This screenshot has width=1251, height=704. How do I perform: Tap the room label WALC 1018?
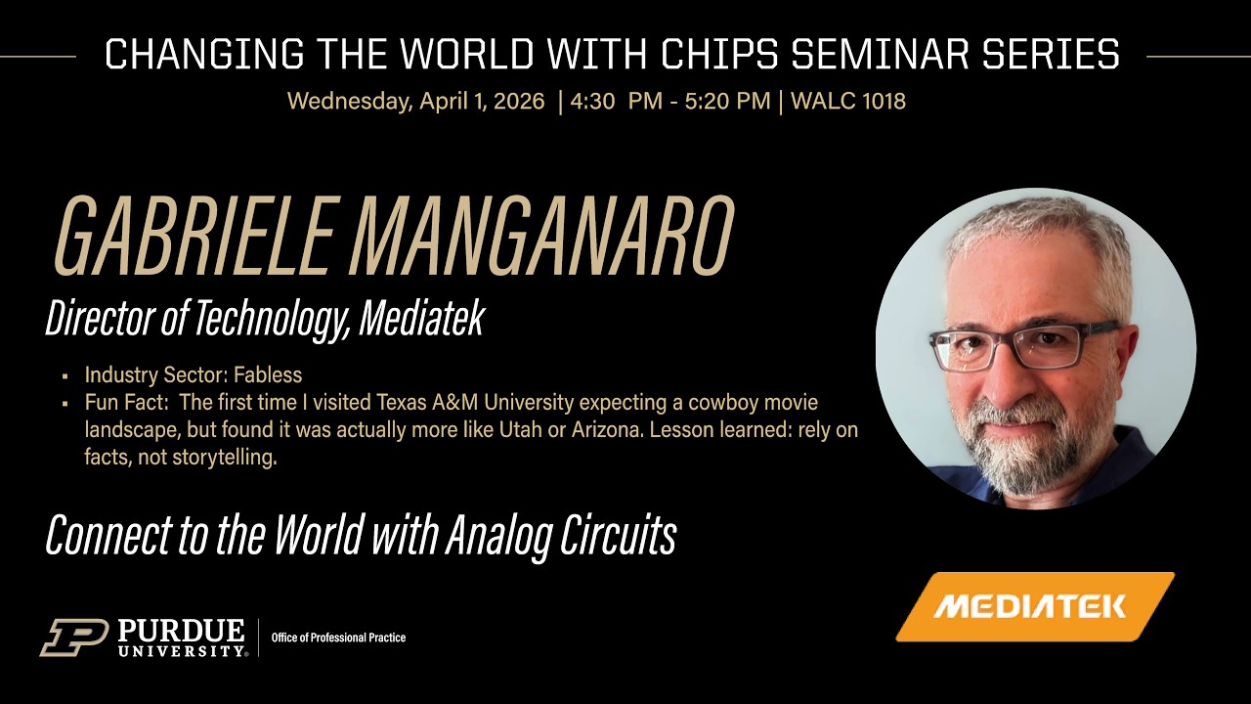point(848,101)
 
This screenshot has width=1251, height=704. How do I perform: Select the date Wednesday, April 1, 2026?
point(416,101)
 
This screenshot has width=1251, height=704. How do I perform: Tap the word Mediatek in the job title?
point(421,319)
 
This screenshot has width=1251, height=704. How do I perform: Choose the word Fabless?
point(268,374)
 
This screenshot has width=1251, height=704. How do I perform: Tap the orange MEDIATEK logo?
point(1033,606)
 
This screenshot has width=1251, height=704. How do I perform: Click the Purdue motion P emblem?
point(74,637)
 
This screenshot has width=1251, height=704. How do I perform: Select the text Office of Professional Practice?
point(338,638)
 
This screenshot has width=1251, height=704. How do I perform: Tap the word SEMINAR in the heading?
point(883,55)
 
